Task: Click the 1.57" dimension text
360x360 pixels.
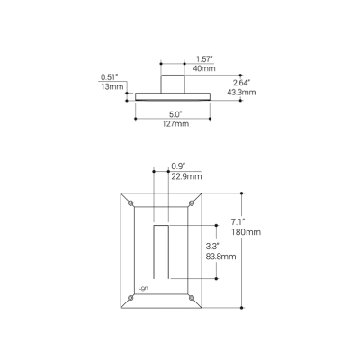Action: click(x=179, y=58)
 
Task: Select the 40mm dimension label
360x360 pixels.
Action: click(x=179, y=68)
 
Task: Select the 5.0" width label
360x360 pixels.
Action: click(x=175, y=114)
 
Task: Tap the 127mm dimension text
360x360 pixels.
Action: click(x=175, y=124)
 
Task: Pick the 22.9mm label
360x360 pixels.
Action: click(x=186, y=176)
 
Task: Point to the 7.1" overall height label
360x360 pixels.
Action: click(x=238, y=221)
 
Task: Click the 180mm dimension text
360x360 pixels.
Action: click(x=245, y=232)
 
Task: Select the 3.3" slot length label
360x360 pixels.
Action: click(x=213, y=246)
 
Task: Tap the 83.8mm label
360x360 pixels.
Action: click(x=220, y=256)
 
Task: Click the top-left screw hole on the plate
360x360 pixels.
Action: click(x=131, y=204)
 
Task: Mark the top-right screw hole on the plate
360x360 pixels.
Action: click(x=191, y=204)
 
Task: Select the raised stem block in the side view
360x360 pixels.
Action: click(x=173, y=84)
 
